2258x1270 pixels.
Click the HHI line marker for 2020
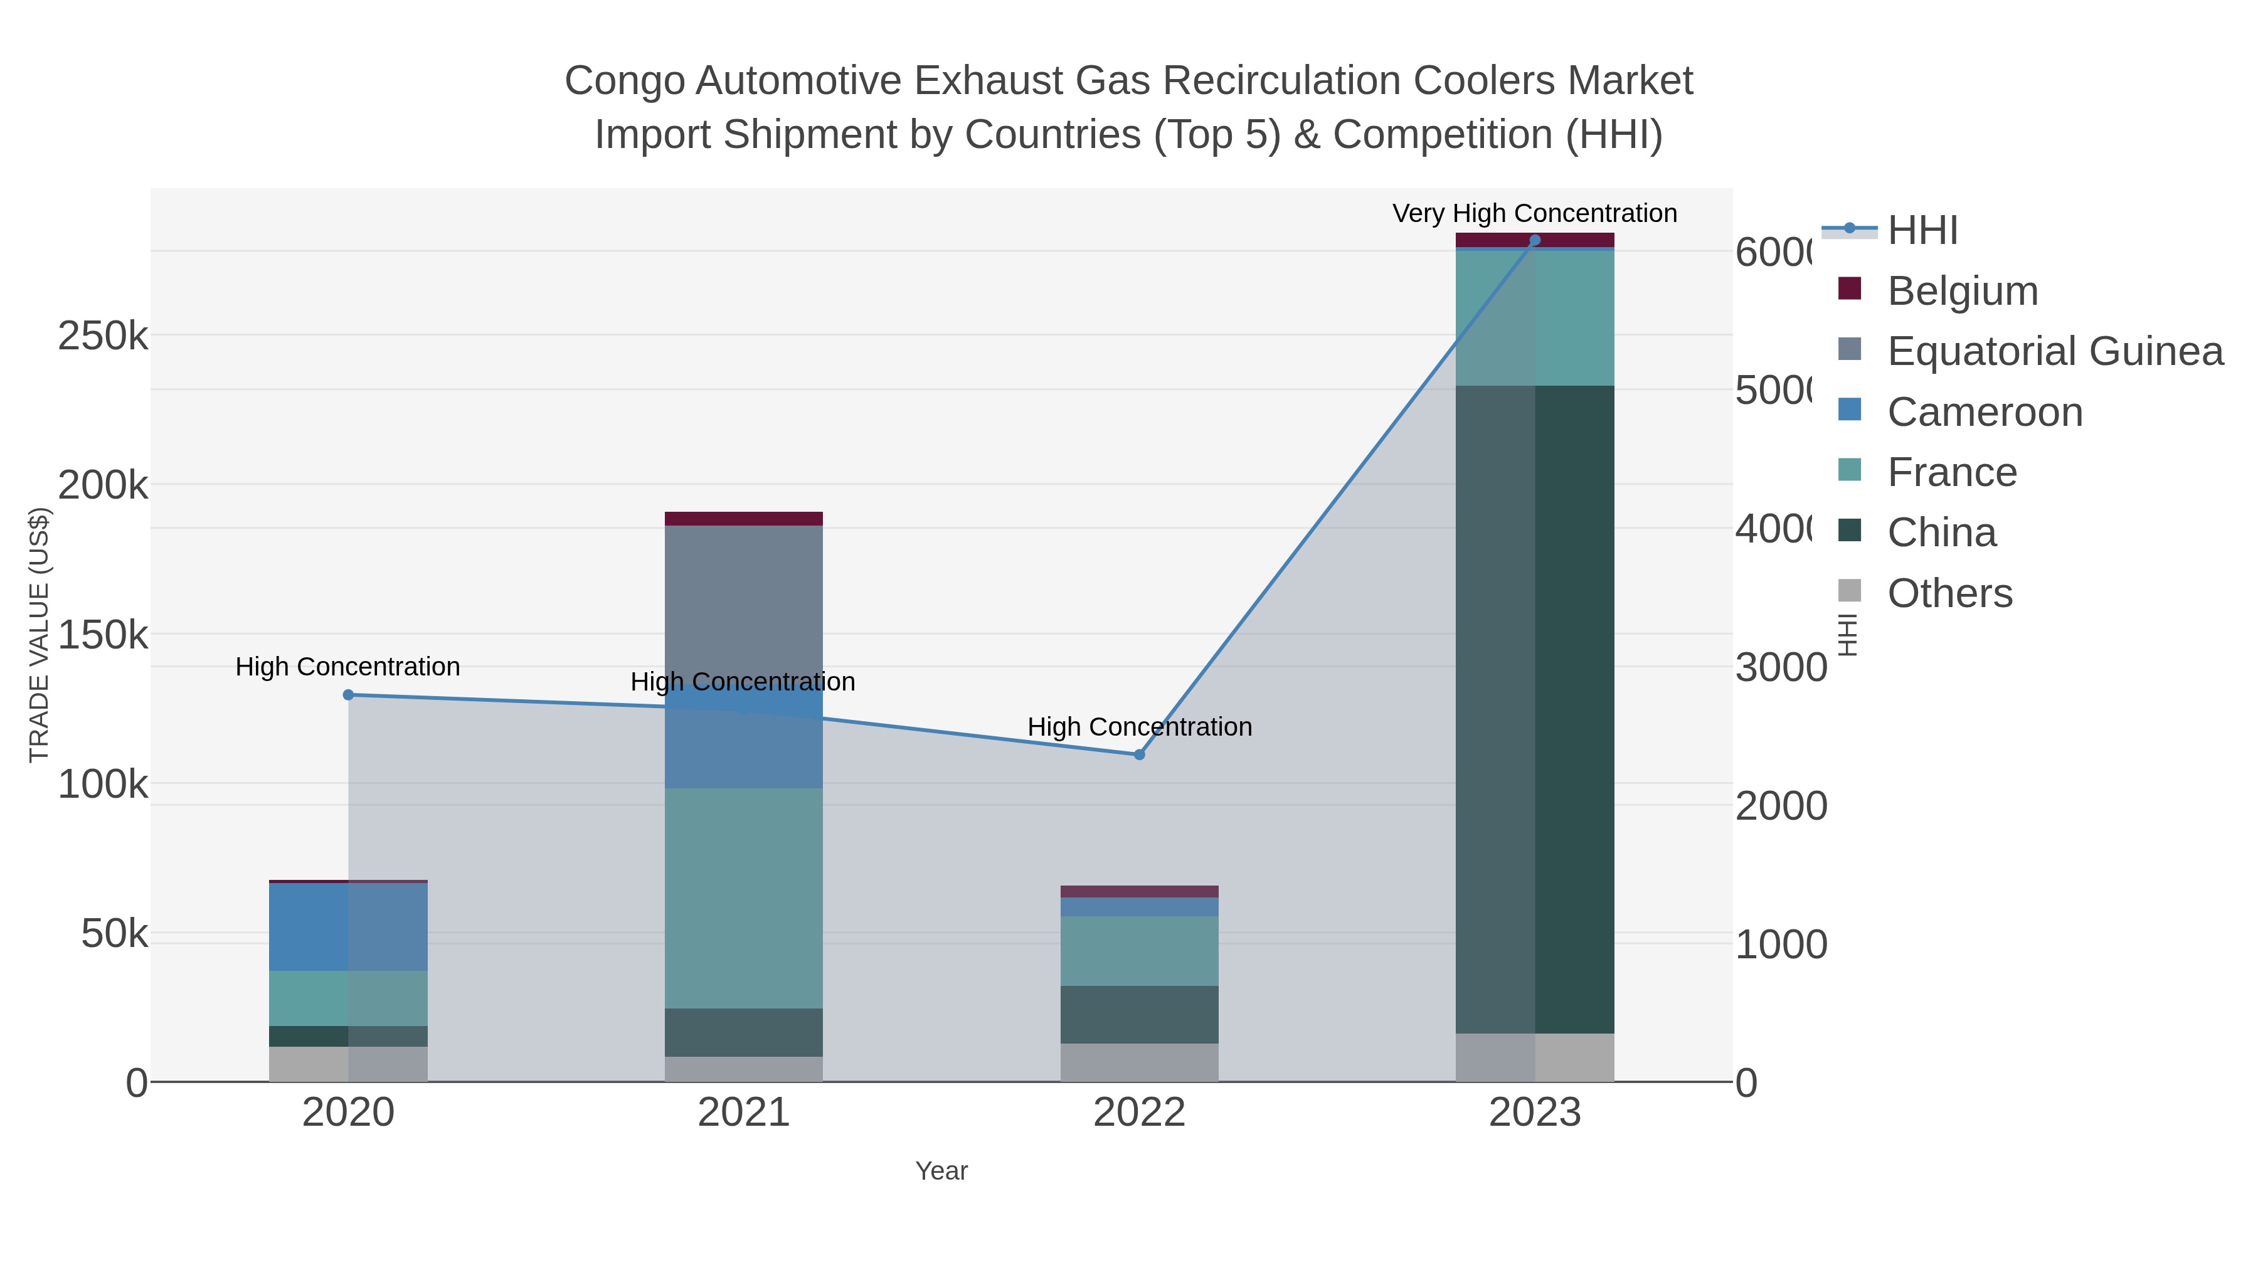pyautogui.click(x=348, y=695)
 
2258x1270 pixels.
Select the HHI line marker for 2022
pyautogui.click(x=1140, y=754)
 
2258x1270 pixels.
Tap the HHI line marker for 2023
pyautogui.click(x=1535, y=240)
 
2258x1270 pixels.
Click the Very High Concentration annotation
pyautogui.click(x=1534, y=213)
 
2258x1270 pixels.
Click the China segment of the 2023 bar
pyautogui.click(x=1535, y=710)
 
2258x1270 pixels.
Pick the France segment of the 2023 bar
pyautogui.click(x=1535, y=318)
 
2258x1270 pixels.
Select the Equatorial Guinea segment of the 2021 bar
pyautogui.click(x=743, y=605)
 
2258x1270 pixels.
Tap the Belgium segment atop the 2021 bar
pyautogui.click(x=743, y=519)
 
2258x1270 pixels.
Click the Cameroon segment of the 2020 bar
pyautogui.click(x=348, y=926)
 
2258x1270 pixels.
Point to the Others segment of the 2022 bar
pyautogui.click(x=1140, y=1062)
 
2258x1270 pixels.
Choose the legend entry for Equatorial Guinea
pyautogui.click(x=2055, y=351)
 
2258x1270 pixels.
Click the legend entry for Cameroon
pyautogui.click(x=1985, y=412)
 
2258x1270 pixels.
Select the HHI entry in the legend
pyautogui.click(x=1922, y=231)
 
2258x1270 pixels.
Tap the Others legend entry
pyautogui.click(x=1949, y=593)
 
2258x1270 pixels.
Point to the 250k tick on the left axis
pyautogui.click(x=103, y=336)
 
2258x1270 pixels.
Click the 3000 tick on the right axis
pyautogui.click(x=1780, y=668)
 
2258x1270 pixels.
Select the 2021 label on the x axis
pyautogui.click(x=743, y=1113)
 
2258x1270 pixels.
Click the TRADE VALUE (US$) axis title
pyautogui.click(x=40, y=635)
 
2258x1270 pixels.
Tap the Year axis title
pyautogui.click(x=941, y=1171)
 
